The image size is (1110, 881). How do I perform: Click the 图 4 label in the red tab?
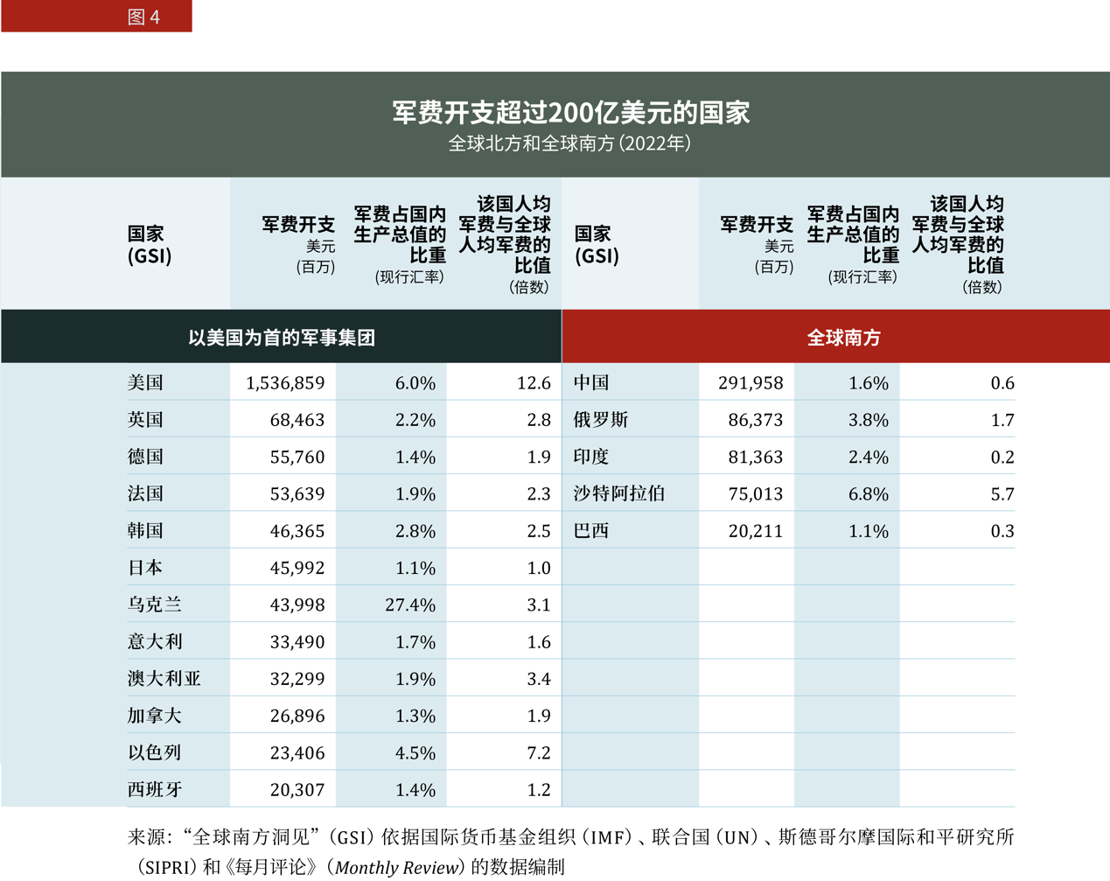pos(143,17)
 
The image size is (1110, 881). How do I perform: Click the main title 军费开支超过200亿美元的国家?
pos(570,113)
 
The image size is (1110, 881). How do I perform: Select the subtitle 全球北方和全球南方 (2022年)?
pos(570,143)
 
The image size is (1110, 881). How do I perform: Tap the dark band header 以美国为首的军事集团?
pos(282,338)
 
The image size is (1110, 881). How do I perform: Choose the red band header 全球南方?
pos(843,338)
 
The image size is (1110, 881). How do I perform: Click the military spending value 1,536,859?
pos(285,383)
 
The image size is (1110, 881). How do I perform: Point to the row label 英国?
pos(145,420)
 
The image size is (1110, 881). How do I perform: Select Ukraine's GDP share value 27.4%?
pos(410,605)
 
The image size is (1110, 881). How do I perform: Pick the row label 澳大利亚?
pos(164,679)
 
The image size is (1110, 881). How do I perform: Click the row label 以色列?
pos(155,752)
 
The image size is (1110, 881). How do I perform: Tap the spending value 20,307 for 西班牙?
pos(297,790)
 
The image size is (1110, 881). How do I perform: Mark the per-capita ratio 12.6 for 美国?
pos(534,383)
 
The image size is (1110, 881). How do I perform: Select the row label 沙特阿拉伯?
pos(619,494)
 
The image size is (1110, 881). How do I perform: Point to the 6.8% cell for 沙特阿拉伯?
pos(869,494)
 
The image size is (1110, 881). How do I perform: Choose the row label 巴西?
pos(591,531)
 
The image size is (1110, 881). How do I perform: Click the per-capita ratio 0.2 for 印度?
pos(1002,458)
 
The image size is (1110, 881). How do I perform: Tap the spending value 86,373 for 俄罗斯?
pos(756,420)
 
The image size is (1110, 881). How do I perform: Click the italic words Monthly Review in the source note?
pos(398,868)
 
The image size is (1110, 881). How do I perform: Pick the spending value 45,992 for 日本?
pos(297,568)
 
